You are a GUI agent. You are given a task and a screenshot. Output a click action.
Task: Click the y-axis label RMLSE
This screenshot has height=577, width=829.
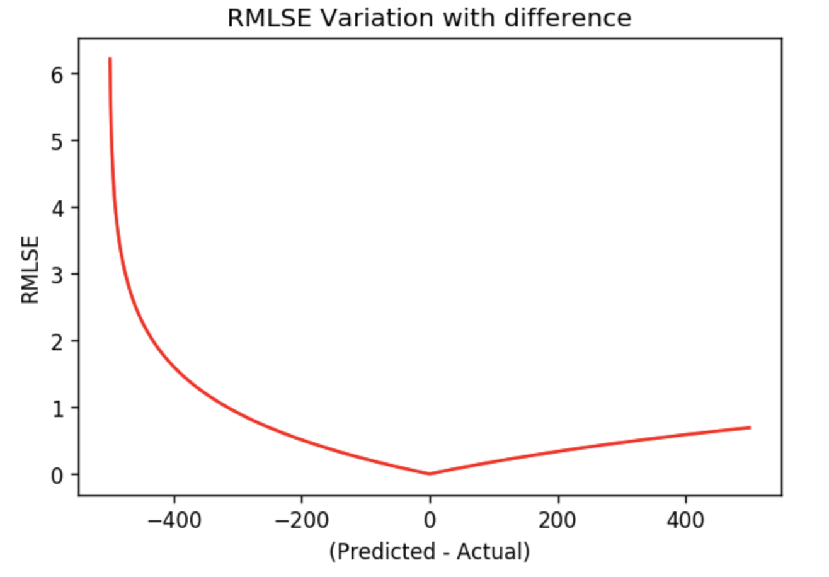pos(30,270)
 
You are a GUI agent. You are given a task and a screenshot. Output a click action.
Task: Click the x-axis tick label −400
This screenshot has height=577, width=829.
pos(174,521)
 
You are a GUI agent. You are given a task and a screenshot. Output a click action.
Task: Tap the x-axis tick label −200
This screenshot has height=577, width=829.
pos(301,521)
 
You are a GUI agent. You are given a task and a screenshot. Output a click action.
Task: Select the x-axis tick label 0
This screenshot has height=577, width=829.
pos(430,521)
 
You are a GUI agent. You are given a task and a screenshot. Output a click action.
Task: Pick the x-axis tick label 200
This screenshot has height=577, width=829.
pos(558,521)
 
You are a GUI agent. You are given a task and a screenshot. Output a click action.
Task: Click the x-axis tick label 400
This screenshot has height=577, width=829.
pos(685,521)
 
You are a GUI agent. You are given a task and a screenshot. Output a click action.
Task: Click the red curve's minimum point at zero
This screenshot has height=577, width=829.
pos(430,474)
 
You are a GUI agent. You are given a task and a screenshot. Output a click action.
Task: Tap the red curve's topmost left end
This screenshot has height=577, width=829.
pos(110,59)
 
